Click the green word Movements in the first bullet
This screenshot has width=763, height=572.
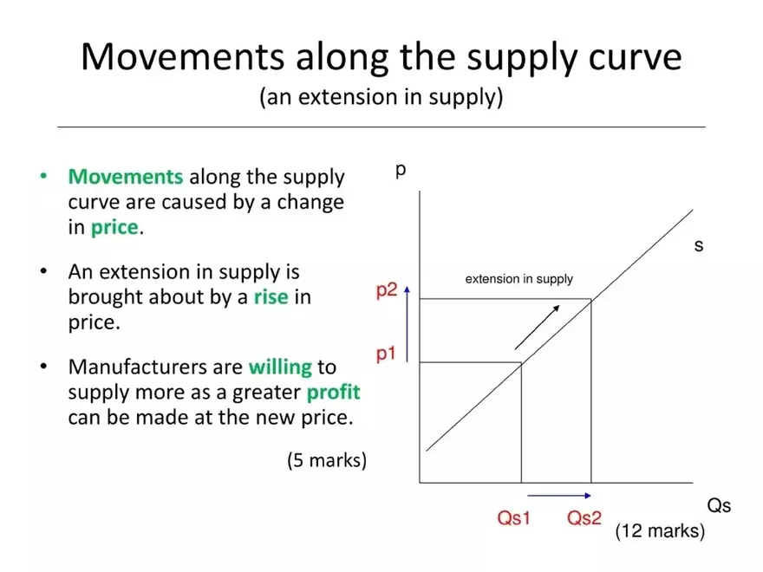pyautogui.click(x=126, y=178)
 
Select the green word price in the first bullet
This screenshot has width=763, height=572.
pyautogui.click(x=114, y=228)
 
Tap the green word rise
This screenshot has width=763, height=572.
pyautogui.click(x=271, y=297)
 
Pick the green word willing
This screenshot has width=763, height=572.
pyautogui.click(x=280, y=367)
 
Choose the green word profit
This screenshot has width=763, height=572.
pyautogui.click(x=333, y=392)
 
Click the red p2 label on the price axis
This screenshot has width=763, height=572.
pyautogui.click(x=386, y=291)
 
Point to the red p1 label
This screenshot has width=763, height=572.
pyautogui.click(x=386, y=354)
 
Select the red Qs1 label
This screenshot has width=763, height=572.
pyautogui.click(x=513, y=518)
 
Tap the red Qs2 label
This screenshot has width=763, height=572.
pyautogui.click(x=584, y=518)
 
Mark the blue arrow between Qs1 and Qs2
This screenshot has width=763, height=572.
pyautogui.click(x=559, y=497)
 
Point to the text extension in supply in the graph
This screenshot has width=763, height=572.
pyautogui.click(x=519, y=279)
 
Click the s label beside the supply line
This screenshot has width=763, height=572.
pyautogui.click(x=698, y=246)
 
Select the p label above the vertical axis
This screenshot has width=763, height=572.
pyautogui.click(x=401, y=169)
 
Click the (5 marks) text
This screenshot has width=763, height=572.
pyautogui.click(x=327, y=460)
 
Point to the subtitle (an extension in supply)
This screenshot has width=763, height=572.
pyautogui.click(x=381, y=96)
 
